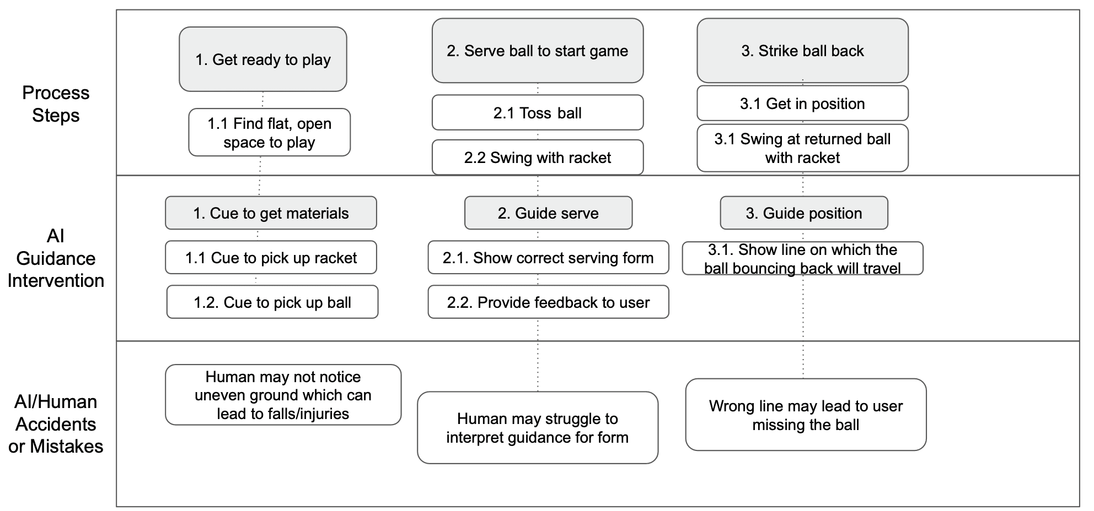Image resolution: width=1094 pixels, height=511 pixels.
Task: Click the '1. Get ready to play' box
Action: pyautogui.click(x=263, y=59)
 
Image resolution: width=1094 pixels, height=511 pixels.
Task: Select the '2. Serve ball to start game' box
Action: pyautogui.click(x=538, y=51)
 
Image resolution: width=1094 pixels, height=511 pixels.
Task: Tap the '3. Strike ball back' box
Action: pyautogui.click(x=802, y=51)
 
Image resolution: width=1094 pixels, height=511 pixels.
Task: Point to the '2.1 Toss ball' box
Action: pyautogui.click(x=538, y=112)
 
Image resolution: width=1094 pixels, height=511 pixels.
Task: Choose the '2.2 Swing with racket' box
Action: pyautogui.click(x=538, y=157)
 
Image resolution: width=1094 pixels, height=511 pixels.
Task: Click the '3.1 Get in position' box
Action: pyautogui.click(x=802, y=103)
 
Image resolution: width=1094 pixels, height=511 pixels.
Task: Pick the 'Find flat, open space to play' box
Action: pyautogui.click(x=270, y=132)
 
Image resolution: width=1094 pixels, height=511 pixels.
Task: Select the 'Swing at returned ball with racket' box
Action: pyautogui.click(x=802, y=148)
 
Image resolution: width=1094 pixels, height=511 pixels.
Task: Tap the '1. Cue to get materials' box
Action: pyautogui.click(x=271, y=213)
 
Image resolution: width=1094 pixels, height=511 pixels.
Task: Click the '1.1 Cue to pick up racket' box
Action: pyautogui.click(x=271, y=257)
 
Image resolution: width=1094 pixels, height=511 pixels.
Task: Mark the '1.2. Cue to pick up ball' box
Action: pyautogui.click(x=272, y=302)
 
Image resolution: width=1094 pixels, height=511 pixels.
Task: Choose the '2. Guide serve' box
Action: pyautogui.click(x=548, y=213)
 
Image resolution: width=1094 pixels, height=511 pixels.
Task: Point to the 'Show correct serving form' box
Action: pyautogui.click(x=548, y=257)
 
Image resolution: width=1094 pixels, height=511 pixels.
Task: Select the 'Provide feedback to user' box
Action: pyautogui.click(x=548, y=302)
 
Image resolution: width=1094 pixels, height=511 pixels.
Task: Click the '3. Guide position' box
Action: pyautogui.click(x=804, y=213)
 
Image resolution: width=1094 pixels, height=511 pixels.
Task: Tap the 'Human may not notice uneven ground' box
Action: pyautogui.click(x=283, y=395)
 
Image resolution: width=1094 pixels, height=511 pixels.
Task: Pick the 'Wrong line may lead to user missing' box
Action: pyautogui.click(x=806, y=415)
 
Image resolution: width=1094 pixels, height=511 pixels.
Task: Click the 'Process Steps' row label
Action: pyautogui.click(x=56, y=104)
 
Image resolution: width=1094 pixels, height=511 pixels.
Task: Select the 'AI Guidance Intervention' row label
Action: pyautogui.click(x=56, y=258)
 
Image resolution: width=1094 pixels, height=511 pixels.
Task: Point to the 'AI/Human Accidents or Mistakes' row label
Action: pyautogui.click(x=56, y=424)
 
